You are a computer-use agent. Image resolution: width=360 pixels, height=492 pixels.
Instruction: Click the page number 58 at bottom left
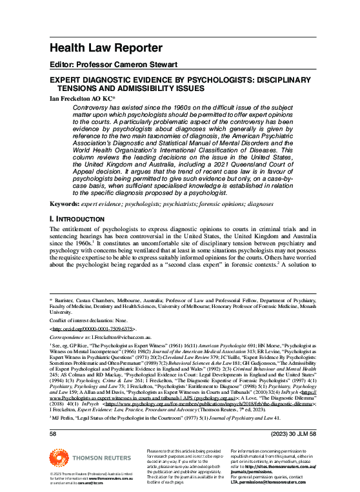(x=54, y=435)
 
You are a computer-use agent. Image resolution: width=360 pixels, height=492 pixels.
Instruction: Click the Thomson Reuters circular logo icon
(x=59, y=460)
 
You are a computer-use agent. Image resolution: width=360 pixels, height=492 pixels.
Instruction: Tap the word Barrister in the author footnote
(x=66, y=300)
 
